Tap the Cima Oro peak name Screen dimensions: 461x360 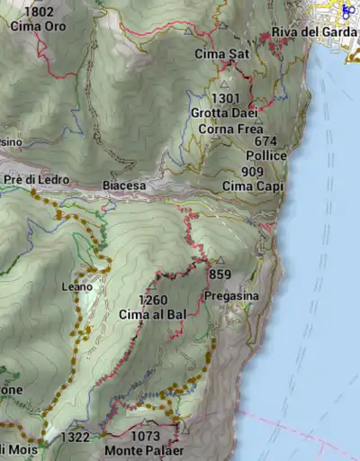tap(38, 26)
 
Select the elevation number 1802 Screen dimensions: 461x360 tap(40, 13)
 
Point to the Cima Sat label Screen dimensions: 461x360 tap(221, 54)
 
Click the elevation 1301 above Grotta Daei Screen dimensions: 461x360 tap(226, 98)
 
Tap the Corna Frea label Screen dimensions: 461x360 tap(231, 128)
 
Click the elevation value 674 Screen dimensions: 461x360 tap(265, 141)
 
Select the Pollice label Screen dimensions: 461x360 tap(265, 156)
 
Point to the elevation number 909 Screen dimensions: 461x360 tap(253, 171)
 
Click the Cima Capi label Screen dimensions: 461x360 tap(253, 186)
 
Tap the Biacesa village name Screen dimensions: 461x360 tap(124, 185)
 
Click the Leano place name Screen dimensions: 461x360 tap(76, 286)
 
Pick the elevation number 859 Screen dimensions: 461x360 tap(220, 275)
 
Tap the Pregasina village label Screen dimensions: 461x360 tap(231, 296)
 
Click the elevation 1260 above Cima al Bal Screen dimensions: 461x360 tap(153, 300)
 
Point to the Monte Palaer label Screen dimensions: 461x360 tap(144, 450)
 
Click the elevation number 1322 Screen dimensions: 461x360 tap(76, 437)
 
